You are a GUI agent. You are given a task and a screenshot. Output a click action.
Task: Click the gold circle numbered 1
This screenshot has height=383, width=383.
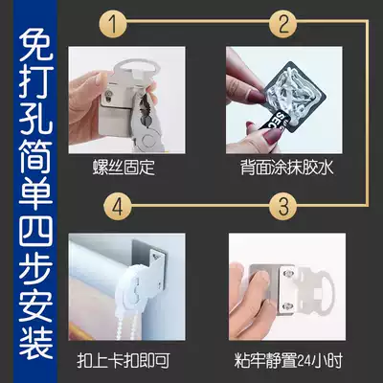pyautogui.click(x=112, y=24)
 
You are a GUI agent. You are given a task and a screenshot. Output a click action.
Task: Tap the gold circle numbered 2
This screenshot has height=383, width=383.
pyautogui.click(x=283, y=24)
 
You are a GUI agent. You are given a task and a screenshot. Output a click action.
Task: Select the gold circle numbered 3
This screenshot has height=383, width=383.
pyautogui.click(x=283, y=207)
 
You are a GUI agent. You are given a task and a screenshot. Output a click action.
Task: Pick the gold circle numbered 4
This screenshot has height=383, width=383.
pyautogui.click(x=117, y=207)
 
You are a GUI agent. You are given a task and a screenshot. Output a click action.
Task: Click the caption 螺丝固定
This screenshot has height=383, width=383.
pyautogui.click(x=124, y=167)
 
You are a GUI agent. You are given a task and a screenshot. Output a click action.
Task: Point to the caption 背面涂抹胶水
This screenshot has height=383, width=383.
pyautogui.click(x=287, y=167)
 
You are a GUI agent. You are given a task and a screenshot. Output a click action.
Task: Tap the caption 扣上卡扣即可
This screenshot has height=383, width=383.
pyautogui.click(x=124, y=360)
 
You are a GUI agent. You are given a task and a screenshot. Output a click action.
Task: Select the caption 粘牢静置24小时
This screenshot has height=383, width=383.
pyautogui.click(x=288, y=360)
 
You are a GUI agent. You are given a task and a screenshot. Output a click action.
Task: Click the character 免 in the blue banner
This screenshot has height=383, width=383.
pyautogui.click(x=35, y=46)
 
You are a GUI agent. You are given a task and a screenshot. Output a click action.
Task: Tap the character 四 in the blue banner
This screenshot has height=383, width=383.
pyautogui.click(x=35, y=229)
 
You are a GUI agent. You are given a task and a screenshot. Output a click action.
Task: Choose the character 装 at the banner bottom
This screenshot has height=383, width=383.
pyautogui.click(x=35, y=341)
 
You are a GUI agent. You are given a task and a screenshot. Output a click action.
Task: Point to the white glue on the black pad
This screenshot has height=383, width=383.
pyautogui.click(x=294, y=93)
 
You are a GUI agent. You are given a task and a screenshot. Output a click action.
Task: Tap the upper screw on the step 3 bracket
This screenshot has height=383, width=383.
pyautogui.click(x=288, y=273)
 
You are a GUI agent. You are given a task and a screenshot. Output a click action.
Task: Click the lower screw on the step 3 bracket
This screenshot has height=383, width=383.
pyautogui.click(x=288, y=306)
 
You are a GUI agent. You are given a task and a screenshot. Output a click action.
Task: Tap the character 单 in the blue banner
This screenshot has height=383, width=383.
pyautogui.click(x=35, y=192)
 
